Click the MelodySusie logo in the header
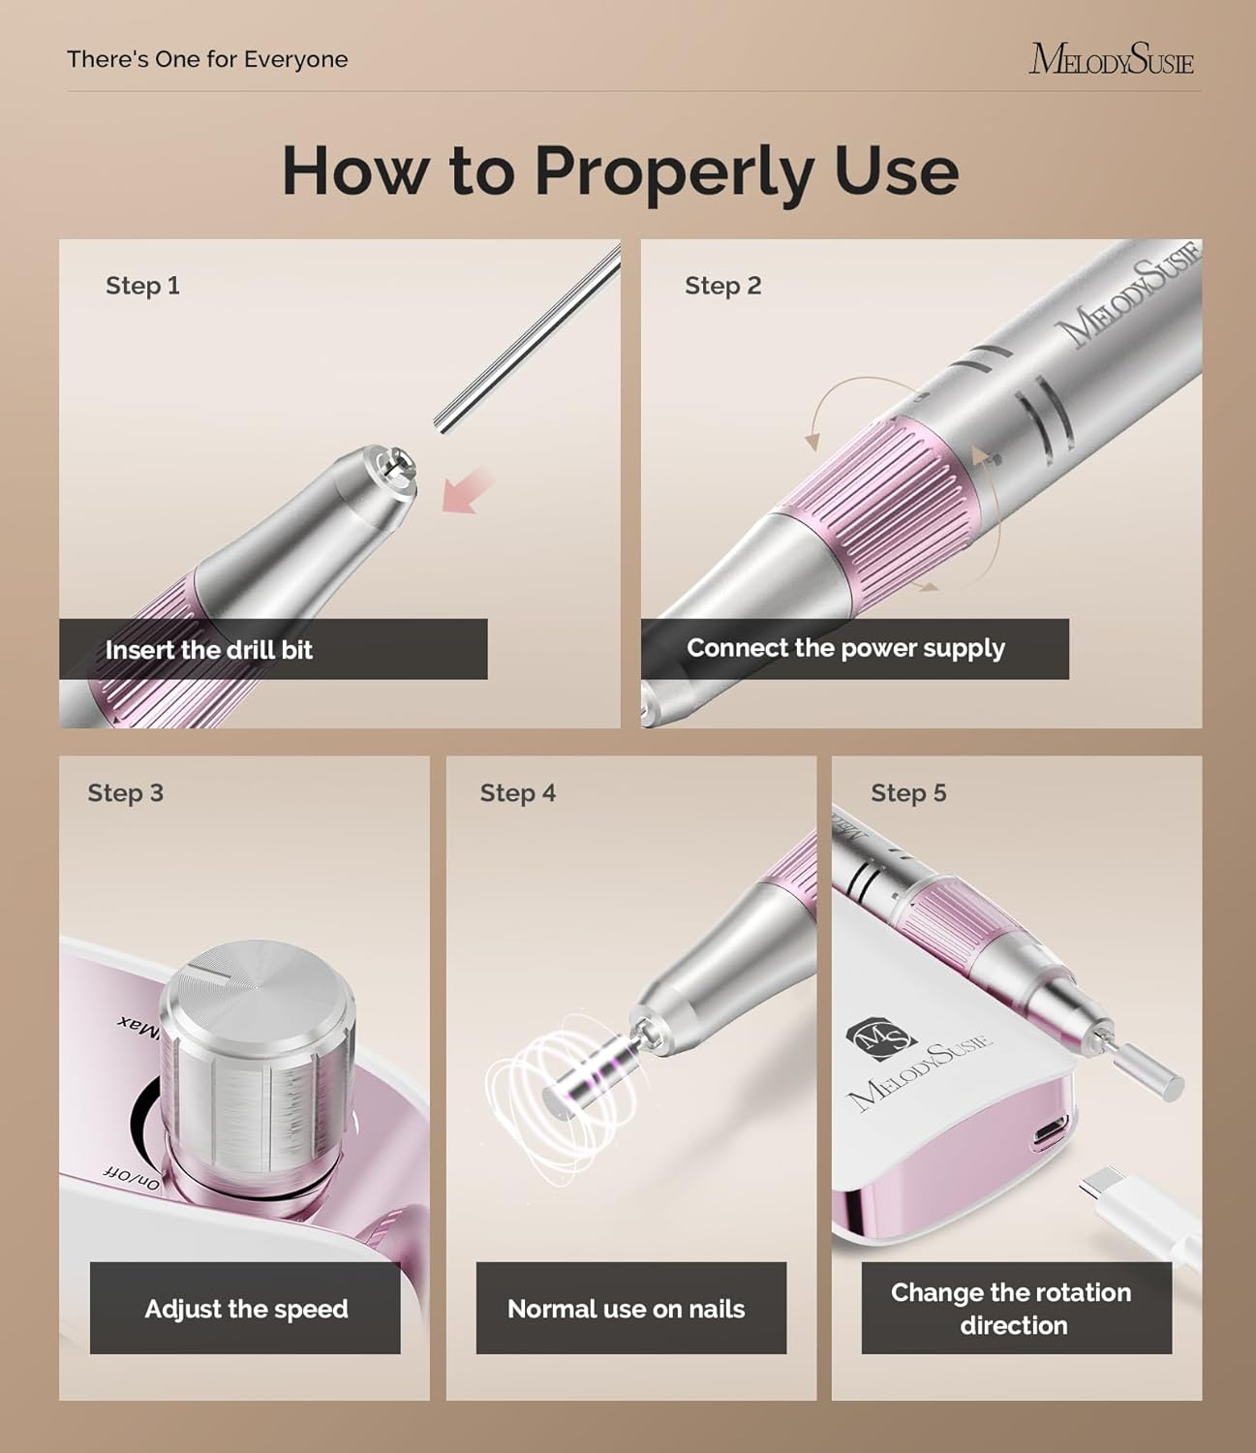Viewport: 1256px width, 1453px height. [x=1111, y=59]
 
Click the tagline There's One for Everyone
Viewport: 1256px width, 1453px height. [x=207, y=59]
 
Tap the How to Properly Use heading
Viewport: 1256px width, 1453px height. [x=620, y=170]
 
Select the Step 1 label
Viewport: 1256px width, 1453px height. [x=142, y=286]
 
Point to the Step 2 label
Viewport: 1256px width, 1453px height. [x=722, y=286]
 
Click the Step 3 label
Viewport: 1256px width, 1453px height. [x=125, y=793]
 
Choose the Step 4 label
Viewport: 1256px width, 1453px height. [x=517, y=793]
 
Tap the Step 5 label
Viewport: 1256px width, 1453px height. [x=907, y=793]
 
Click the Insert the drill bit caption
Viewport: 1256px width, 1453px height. [x=209, y=650]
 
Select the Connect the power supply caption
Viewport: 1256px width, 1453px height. [x=845, y=648]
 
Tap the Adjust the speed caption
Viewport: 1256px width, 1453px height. [x=246, y=1309]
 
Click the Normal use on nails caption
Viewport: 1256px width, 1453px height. [x=626, y=1309]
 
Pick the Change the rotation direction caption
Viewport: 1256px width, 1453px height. [x=1012, y=1309]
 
